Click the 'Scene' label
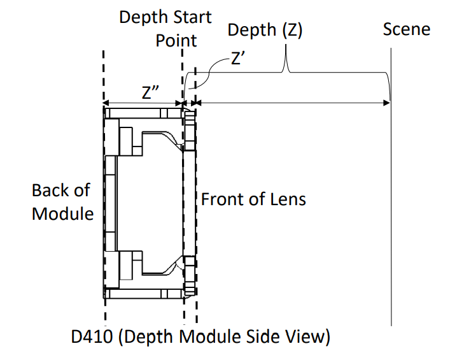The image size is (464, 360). point(406,29)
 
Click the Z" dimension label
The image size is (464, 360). point(150,92)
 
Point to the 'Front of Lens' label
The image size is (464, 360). point(253,199)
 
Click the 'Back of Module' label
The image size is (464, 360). point(62,201)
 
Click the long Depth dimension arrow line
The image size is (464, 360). point(293,103)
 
